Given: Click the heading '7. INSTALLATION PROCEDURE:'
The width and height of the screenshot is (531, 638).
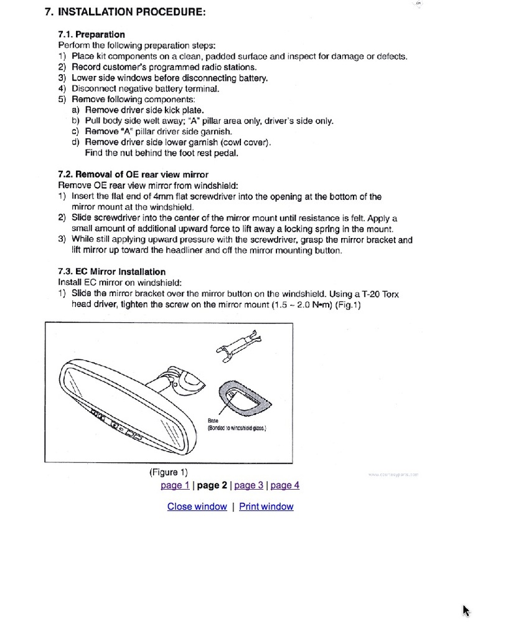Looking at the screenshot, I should point(125,12).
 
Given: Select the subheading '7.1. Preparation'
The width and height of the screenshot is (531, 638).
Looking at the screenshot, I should point(91,34).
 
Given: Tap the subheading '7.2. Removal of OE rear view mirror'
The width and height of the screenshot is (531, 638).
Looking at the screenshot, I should point(133,174).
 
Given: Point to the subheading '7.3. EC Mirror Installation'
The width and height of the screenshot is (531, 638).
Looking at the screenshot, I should point(111,272).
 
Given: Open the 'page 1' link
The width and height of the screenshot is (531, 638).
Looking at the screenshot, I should point(175,485).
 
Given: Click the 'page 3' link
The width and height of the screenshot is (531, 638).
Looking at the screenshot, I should point(249,485).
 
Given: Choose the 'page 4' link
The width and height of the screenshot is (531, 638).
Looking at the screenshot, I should point(285,485).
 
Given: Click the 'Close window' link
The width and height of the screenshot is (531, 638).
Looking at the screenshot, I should point(197,507).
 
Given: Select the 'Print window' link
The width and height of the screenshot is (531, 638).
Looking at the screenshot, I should point(266,507).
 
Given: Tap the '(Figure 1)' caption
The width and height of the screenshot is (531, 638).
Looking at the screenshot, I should point(168,472).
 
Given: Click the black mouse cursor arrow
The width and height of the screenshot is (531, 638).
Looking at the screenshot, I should point(466,610).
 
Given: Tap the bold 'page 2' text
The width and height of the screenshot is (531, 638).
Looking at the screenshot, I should point(212,485).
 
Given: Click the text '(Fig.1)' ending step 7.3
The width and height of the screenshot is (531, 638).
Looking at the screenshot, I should point(348,305).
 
